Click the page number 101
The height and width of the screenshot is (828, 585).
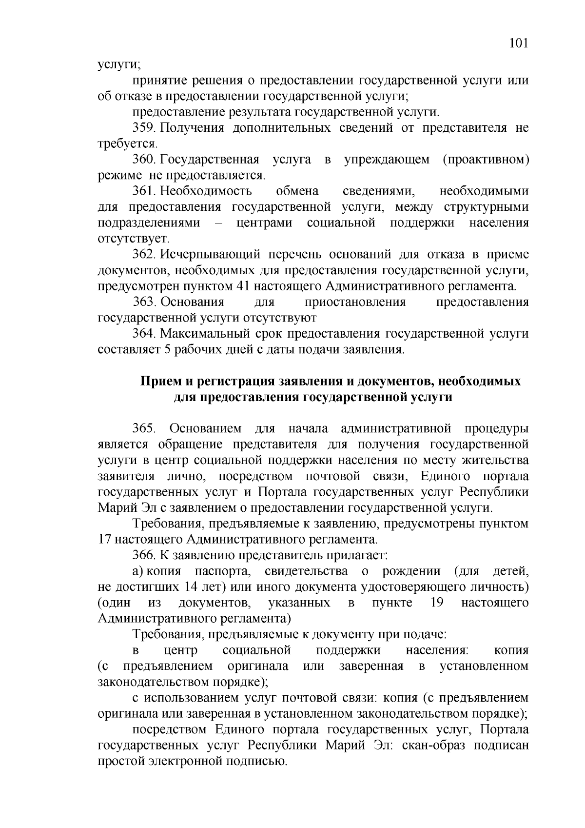(519, 43)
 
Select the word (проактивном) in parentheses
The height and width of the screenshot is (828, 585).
(486, 160)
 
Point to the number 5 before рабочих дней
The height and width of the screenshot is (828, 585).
(164, 350)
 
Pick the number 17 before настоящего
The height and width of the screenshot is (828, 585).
(105, 540)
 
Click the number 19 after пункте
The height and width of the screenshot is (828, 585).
(437, 603)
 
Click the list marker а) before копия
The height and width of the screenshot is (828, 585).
(138, 571)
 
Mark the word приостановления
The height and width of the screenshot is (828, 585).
(355, 303)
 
